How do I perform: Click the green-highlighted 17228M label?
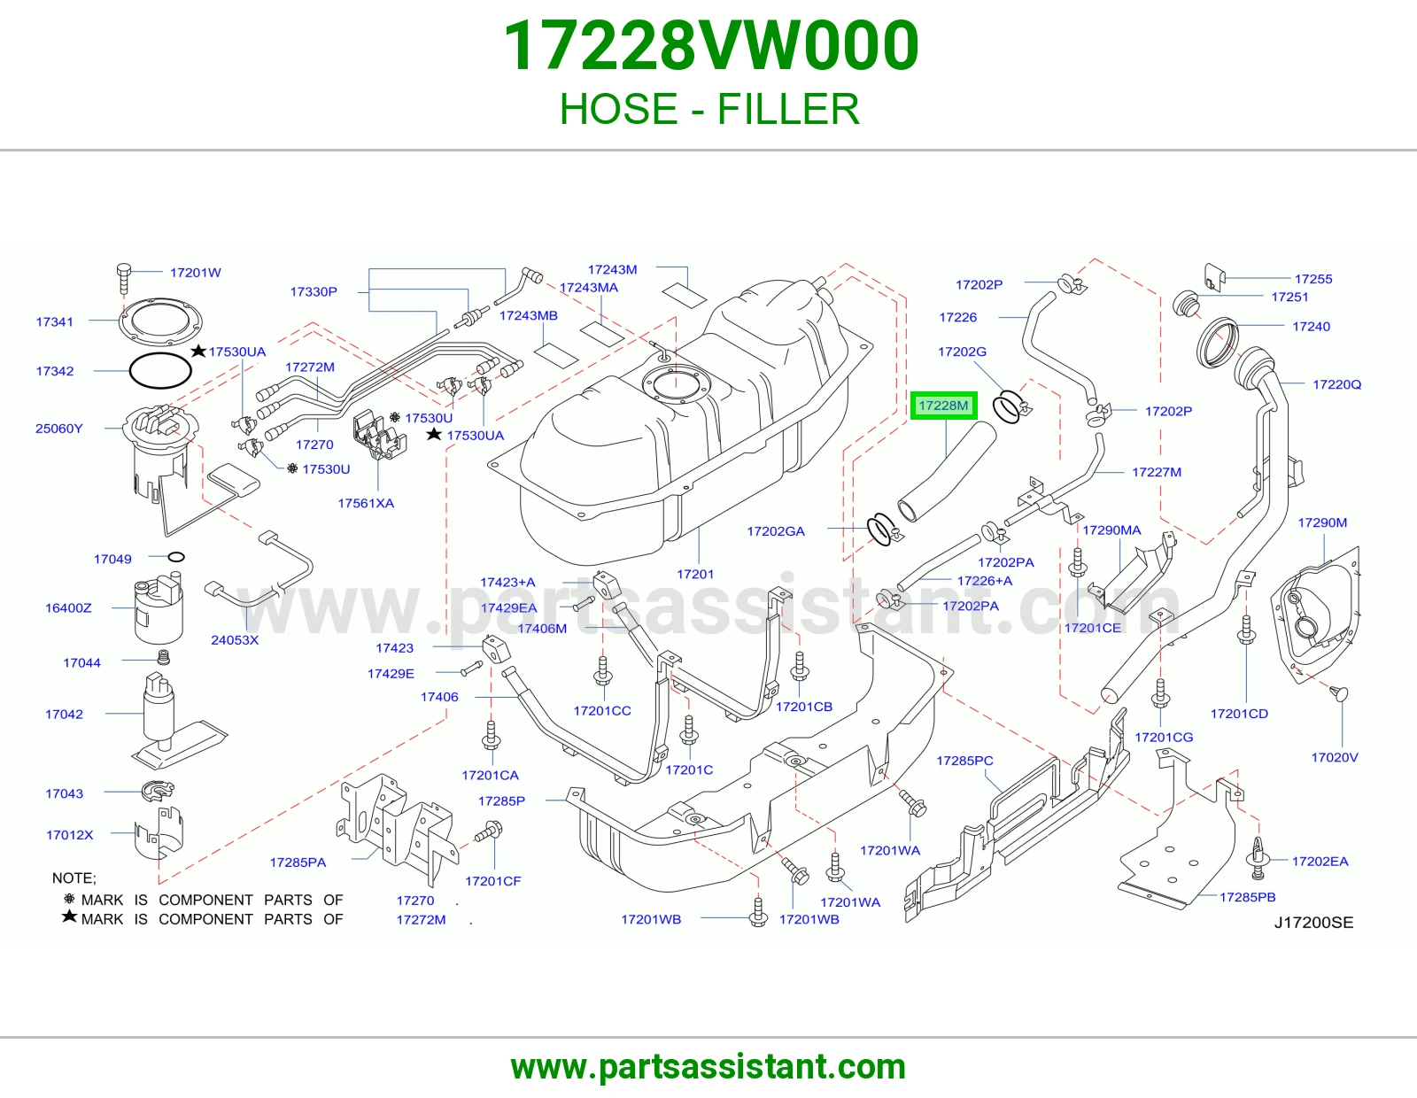tap(943, 406)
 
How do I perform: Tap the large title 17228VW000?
tap(711, 46)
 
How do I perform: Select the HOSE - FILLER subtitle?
tap(709, 109)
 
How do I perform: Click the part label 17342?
tap(55, 371)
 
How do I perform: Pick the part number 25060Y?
tap(58, 429)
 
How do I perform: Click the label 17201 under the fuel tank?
tap(695, 575)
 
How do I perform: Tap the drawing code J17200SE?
tap(1314, 923)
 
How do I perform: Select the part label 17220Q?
tap(1336, 384)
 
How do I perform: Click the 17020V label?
tap(1334, 758)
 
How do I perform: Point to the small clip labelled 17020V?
tap(1341, 693)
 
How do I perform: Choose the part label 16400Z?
tap(68, 608)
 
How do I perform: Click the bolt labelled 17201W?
tap(124, 278)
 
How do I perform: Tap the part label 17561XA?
tap(366, 503)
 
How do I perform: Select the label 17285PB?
tap(1248, 897)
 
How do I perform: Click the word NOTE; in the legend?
tap(74, 878)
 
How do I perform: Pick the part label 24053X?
tap(235, 640)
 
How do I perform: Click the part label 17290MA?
tap(1111, 530)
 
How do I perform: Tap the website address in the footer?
tap(708, 1067)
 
